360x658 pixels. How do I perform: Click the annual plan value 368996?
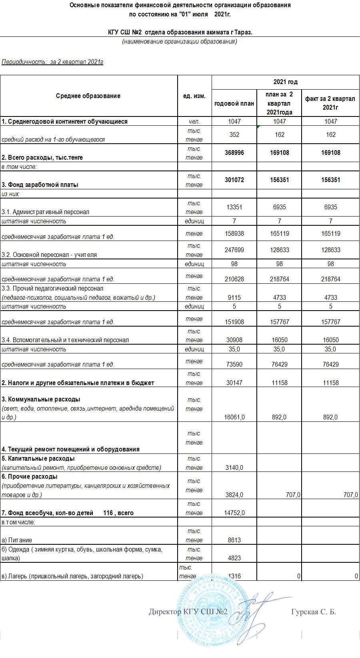point(234,153)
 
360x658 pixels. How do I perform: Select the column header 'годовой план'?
point(234,103)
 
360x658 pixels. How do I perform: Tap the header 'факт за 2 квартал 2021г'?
point(330,103)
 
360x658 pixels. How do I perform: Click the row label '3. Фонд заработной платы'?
point(40,185)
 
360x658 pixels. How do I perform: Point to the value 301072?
point(234,180)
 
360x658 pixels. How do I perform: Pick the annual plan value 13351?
point(234,207)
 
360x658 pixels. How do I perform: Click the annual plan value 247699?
point(234,250)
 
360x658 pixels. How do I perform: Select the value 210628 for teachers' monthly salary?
point(234,279)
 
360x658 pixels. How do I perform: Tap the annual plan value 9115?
point(234,298)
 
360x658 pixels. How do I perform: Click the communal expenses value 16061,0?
point(234,417)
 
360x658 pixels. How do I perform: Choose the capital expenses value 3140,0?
point(234,467)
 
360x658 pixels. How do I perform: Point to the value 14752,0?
point(234,513)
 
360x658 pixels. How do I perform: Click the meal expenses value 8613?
point(234,540)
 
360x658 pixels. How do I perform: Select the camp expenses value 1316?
point(234,576)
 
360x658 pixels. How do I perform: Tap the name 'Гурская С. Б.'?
point(314,612)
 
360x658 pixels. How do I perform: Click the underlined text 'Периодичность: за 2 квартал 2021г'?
point(52,62)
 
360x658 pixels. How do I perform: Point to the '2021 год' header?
point(285,82)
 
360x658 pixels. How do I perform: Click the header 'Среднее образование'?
point(88,96)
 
